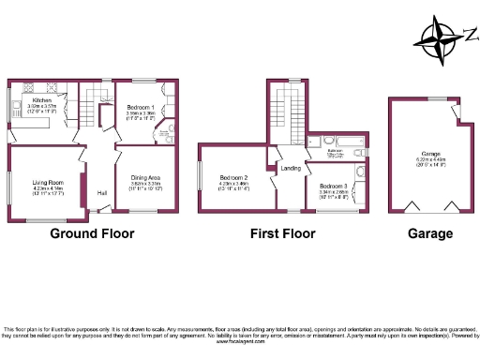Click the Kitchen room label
pyautogui.click(x=42, y=99)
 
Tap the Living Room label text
pyautogui.click(x=48, y=182)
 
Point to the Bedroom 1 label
pyautogui.click(x=140, y=107)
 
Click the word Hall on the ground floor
pyautogui.click(x=101, y=194)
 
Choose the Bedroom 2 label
pyautogui.click(x=233, y=177)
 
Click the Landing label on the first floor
pyautogui.click(x=290, y=169)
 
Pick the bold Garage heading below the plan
pyautogui.click(x=430, y=233)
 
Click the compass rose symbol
pyautogui.click(x=439, y=37)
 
